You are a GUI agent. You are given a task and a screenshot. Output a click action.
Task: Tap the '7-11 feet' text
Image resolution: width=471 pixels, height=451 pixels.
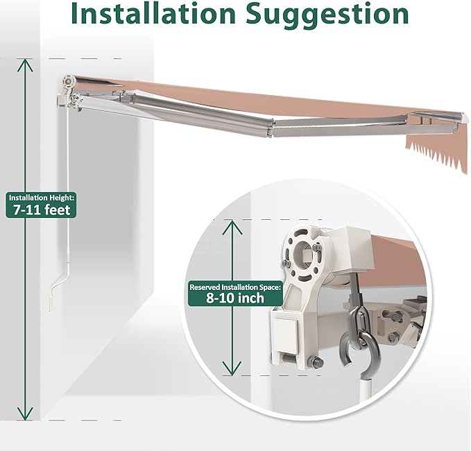pyautogui.click(x=42, y=210)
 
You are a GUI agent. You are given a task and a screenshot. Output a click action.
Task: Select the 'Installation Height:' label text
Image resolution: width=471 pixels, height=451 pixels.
pyautogui.click(x=41, y=198)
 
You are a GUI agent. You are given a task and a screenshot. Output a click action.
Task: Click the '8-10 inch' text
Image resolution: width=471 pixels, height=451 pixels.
pyautogui.click(x=235, y=298)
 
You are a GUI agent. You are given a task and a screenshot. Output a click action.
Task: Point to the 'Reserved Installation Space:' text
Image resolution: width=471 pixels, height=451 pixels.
pyautogui.click(x=236, y=287)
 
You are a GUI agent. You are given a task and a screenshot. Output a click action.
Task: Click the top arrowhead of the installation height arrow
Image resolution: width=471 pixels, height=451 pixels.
pyautogui.click(x=25, y=65)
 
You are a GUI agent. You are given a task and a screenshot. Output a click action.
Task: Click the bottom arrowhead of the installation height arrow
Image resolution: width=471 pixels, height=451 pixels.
pyautogui.click(x=25, y=414)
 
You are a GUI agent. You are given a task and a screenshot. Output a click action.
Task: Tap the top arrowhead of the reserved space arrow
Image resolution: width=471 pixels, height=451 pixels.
pyautogui.click(x=232, y=227)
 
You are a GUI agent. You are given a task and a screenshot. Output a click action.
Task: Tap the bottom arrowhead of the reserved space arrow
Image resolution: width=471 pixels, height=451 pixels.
pyautogui.click(x=232, y=368)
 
